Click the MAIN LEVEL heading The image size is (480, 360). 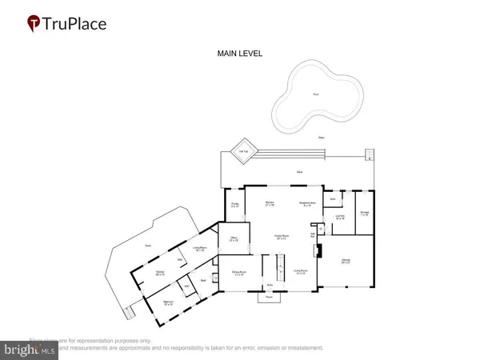coord(239,54)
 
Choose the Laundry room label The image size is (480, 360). coord(339,216)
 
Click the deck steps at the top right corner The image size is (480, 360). coord(370,154)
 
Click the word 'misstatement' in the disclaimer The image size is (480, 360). coord(300,349)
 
